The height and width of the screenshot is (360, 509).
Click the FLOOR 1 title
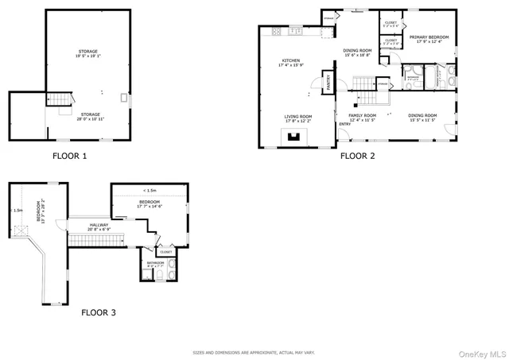[x=69, y=156]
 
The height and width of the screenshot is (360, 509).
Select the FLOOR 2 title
[x=357, y=156]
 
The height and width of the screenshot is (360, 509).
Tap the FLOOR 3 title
[x=99, y=312]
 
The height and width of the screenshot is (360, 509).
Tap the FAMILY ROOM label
[x=362, y=116]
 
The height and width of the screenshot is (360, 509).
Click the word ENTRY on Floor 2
[x=345, y=124]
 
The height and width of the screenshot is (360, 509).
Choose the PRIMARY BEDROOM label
[x=429, y=37]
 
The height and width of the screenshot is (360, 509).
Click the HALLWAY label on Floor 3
[x=99, y=225]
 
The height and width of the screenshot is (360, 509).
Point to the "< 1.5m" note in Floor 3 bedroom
[x=150, y=191]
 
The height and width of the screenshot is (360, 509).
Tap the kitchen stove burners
[x=277, y=32]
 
